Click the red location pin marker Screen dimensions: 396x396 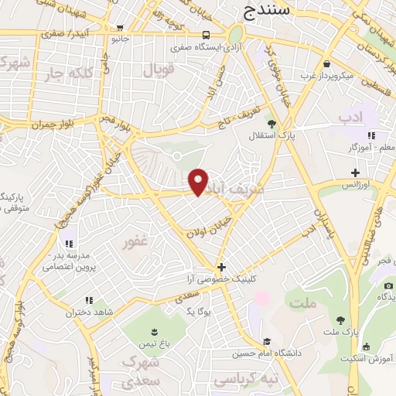point(199,181)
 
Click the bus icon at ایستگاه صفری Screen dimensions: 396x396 point(206,35)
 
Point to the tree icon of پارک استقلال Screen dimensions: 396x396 point(271,122)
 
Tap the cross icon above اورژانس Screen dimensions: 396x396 point(355,172)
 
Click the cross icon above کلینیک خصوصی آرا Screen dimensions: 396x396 point(221,267)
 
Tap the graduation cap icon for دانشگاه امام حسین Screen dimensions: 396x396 point(267,342)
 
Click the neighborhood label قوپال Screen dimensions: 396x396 point(161,70)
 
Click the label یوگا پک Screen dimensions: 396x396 point(200,310)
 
